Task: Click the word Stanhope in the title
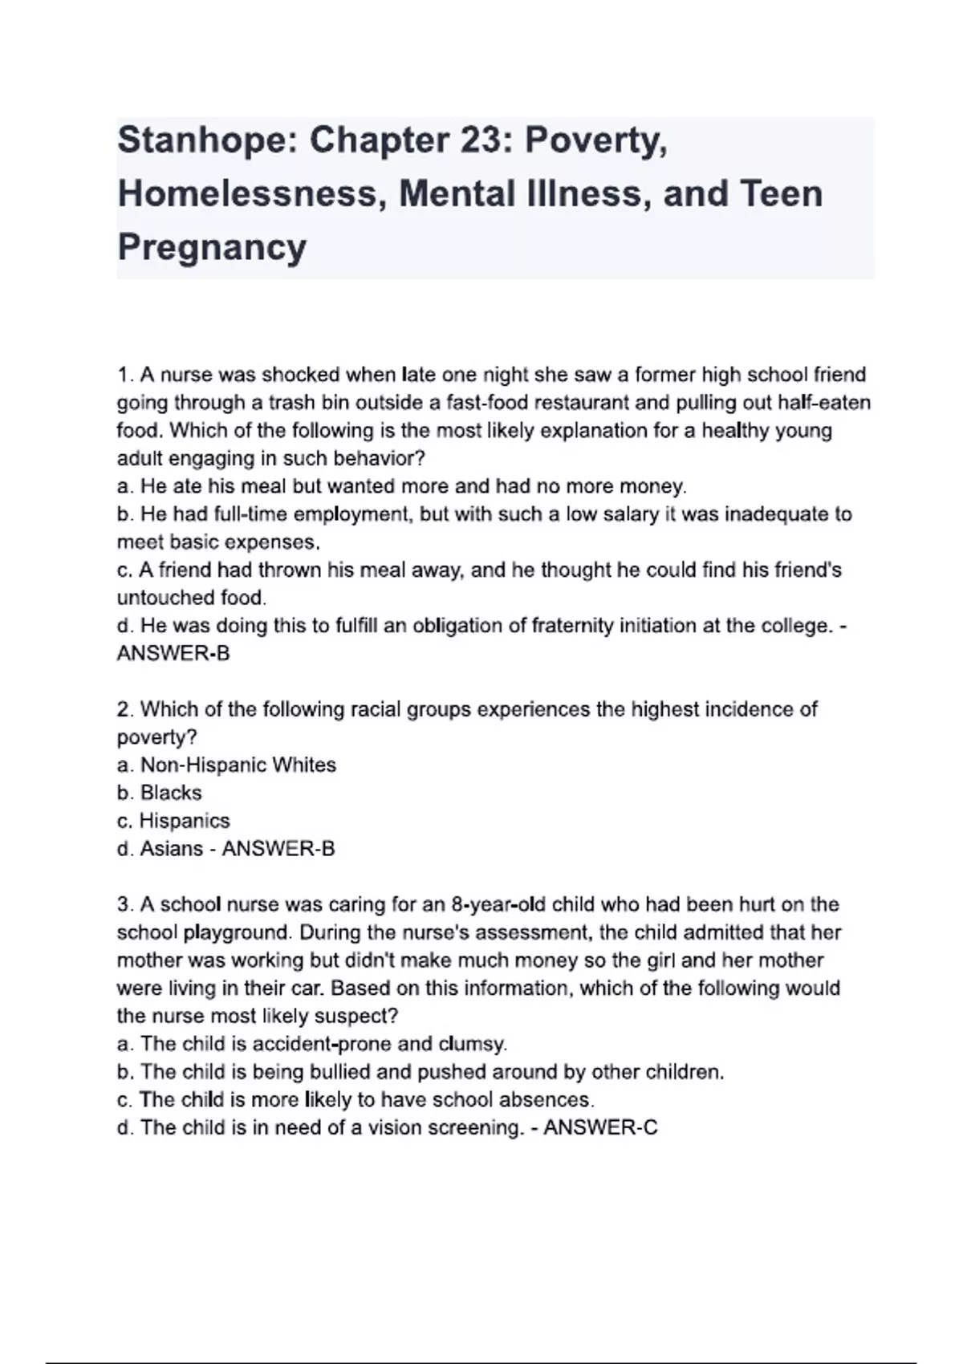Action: coord(207,141)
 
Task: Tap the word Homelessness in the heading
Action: coord(247,194)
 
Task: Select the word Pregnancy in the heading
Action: coord(212,247)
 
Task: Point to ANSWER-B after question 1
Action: coord(173,653)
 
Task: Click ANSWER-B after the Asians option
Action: coord(278,848)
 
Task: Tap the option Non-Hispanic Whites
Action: coord(238,765)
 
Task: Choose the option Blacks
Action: coord(171,793)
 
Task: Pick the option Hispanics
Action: coord(185,821)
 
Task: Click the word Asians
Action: coord(171,848)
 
